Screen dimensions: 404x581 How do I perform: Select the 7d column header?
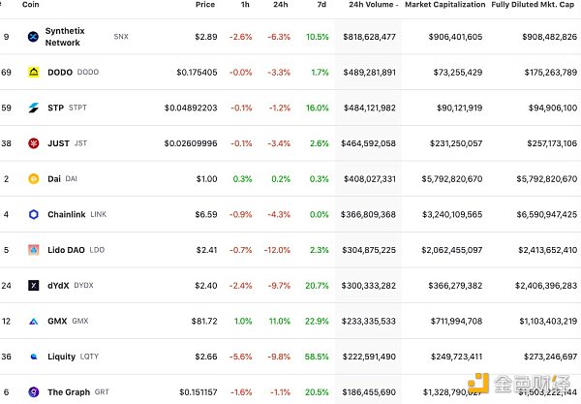coord(322,5)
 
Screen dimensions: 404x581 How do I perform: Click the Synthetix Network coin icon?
coord(33,37)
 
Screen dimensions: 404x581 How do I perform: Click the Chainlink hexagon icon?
coord(33,214)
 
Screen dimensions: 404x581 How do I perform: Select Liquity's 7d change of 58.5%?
coord(316,357)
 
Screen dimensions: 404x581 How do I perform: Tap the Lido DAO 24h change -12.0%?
coord(276,250)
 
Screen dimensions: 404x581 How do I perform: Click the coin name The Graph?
coord(69,391)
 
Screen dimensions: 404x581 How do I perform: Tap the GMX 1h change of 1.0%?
coord(241,321)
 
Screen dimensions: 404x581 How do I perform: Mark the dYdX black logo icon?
coord(33,286)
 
